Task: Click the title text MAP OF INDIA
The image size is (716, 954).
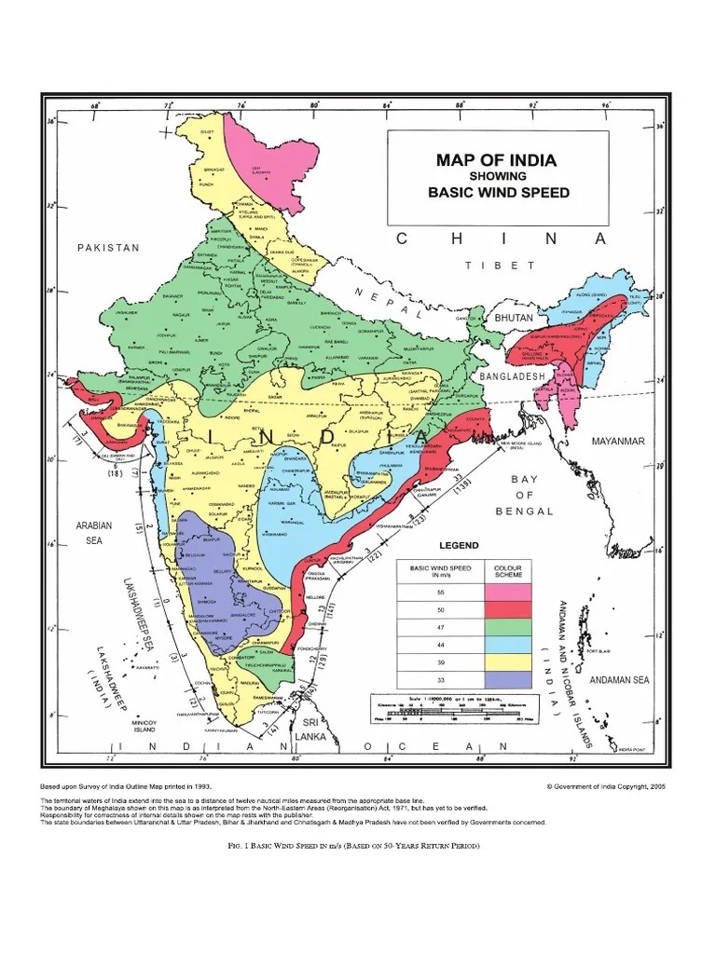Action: [496, 160]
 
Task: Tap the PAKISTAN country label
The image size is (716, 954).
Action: [108, 248]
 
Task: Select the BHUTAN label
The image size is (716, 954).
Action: [513, 318]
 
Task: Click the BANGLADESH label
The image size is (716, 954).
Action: [512, 375]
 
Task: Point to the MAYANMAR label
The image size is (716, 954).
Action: [618, 440]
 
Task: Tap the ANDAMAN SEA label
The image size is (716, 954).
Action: [616, 680]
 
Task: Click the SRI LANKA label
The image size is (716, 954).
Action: [309, 729]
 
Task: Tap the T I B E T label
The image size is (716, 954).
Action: [501, 266]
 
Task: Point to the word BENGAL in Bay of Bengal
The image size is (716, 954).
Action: [525, 511]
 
